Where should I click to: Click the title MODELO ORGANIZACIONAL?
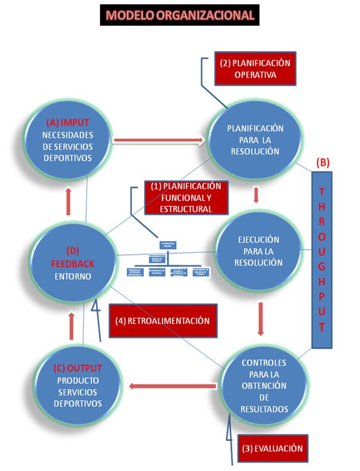[179, 15]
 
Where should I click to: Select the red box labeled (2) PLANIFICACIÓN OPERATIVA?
[254, 69]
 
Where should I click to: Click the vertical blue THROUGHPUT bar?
[322, 259]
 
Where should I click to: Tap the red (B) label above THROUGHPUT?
[323, 162]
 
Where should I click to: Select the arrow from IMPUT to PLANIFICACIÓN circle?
[160, 139]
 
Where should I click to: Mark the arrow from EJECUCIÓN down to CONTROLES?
[262, 318]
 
